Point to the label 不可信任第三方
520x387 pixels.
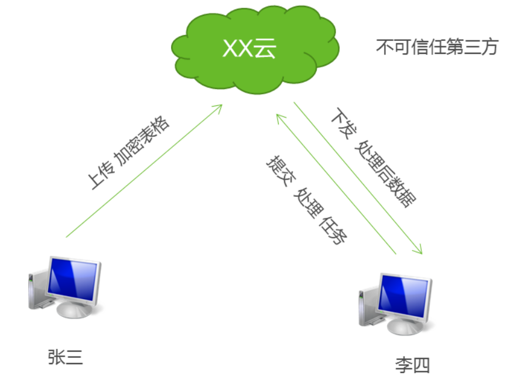[x=436, y=47]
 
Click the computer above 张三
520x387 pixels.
[x=66, y=288]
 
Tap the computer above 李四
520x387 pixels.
[x=396, y=303]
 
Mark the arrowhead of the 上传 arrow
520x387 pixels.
[x=220, y=107]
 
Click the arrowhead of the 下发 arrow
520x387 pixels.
[x=418, y=251]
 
